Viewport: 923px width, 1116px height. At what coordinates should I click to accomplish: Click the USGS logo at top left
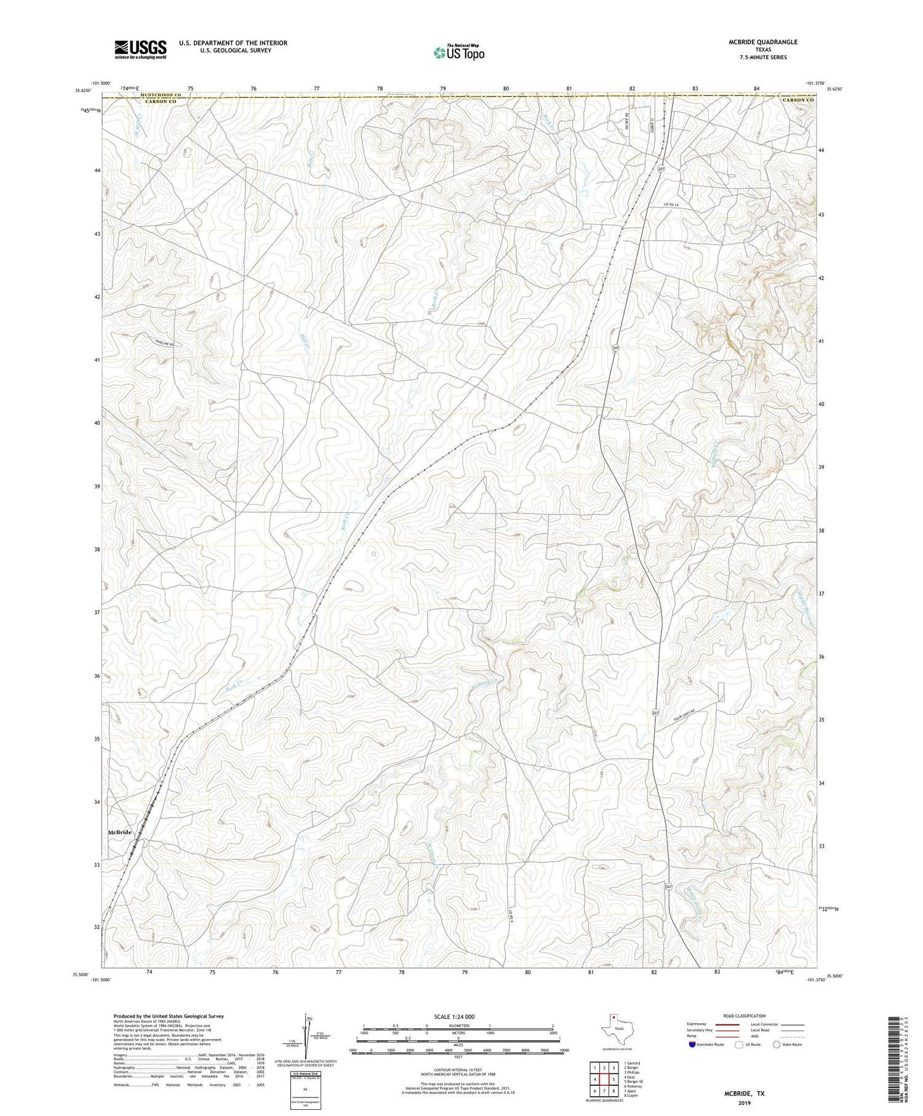(x=140, y=49)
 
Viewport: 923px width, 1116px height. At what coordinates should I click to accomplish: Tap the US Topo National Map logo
(x=458, y=52)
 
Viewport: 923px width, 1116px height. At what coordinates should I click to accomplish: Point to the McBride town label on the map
(x=120, y=832)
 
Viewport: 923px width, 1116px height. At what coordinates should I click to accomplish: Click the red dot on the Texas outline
(x=613, y=1017)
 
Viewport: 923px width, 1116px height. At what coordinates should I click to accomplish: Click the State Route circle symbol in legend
(x=777, y=1044)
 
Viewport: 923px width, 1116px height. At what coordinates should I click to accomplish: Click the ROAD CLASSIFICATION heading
(x=744, y=1016)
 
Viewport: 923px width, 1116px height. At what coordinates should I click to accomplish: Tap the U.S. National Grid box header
(x=305, y=1072)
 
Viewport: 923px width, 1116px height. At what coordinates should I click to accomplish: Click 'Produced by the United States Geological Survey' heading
(x=168, y=1016)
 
